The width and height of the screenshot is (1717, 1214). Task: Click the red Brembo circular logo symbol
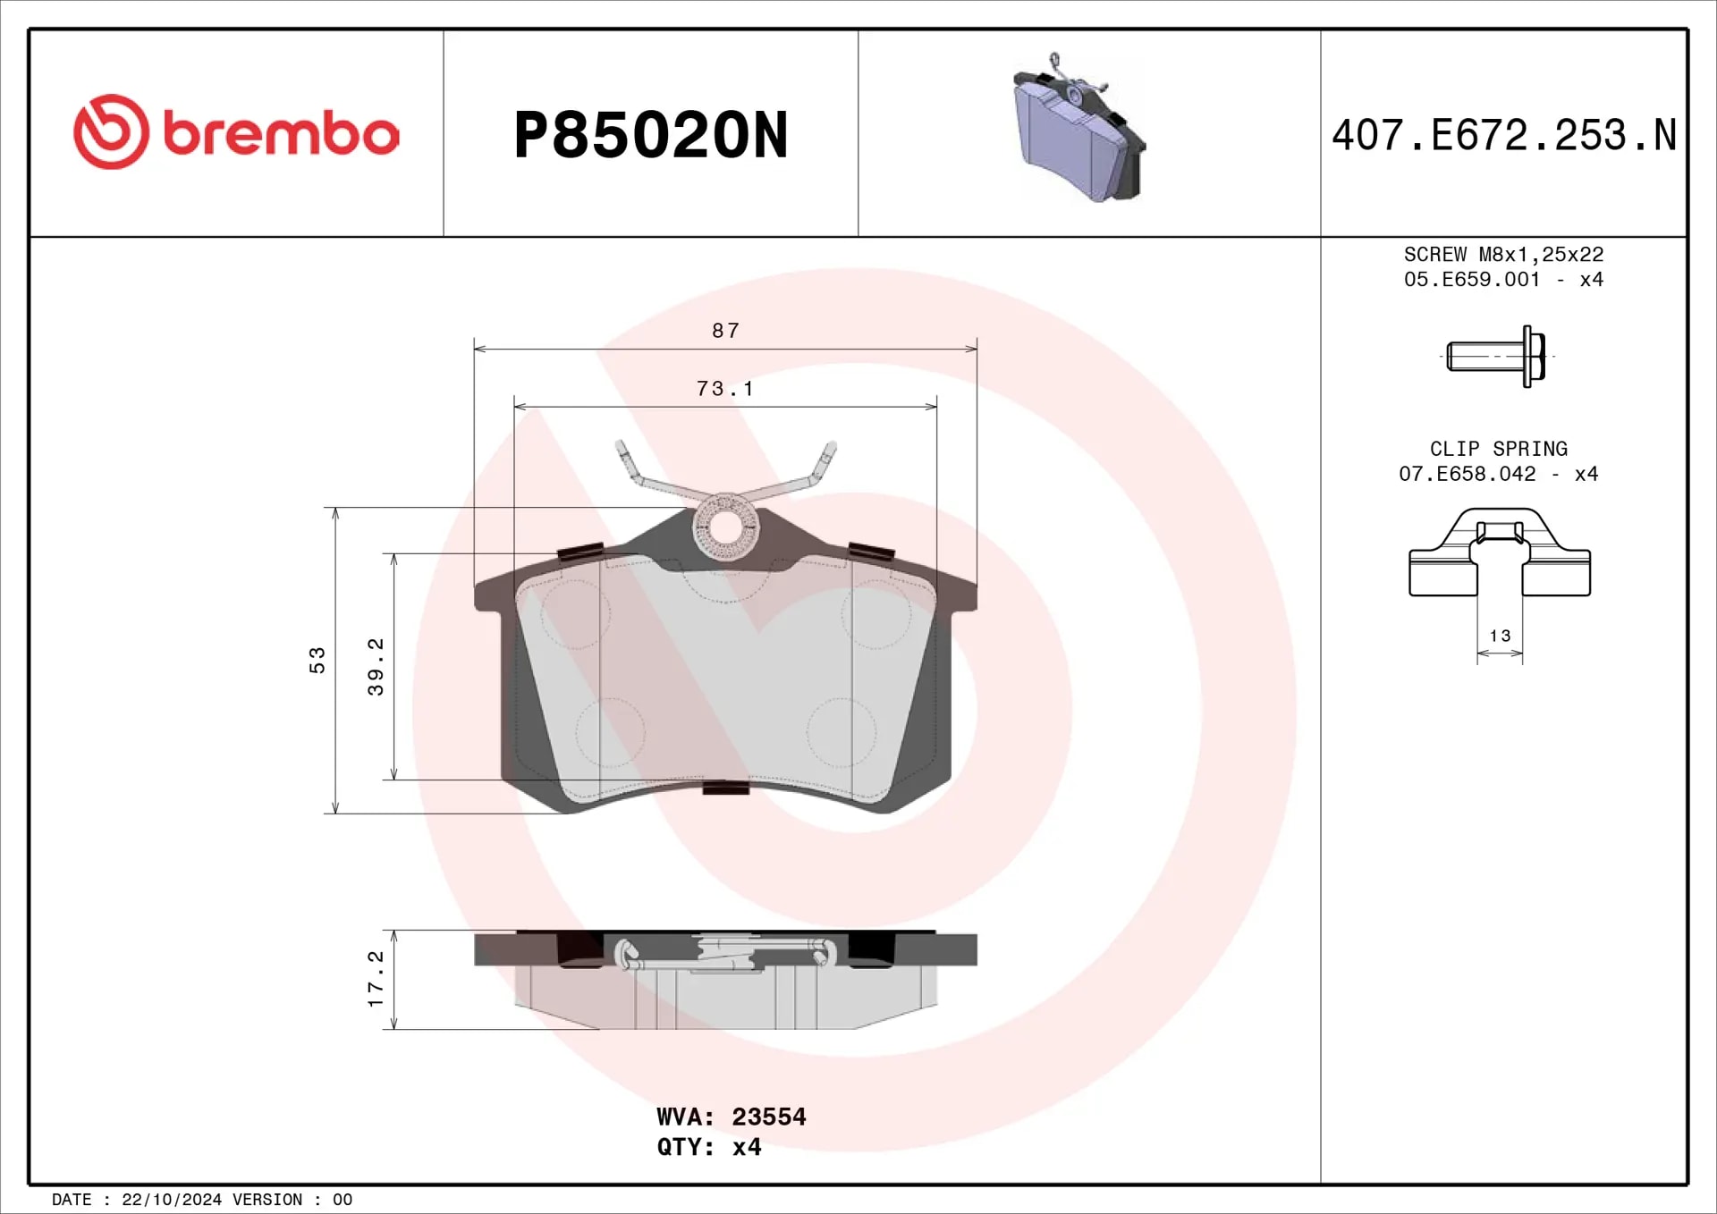click(111, 132)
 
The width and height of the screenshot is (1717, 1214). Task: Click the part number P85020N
click(651, 136)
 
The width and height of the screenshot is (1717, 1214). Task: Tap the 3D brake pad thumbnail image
click(1079, 127)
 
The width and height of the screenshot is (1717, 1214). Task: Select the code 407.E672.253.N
click(1504, 136)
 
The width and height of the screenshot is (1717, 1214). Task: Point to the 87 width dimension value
click(726, 331)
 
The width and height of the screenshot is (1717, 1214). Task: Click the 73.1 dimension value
click(725, 389)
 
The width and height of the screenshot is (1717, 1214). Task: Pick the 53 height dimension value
click(317, 661)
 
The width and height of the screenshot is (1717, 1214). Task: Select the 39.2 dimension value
click(376, 667)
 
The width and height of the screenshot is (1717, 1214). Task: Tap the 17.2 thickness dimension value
click(376, 979)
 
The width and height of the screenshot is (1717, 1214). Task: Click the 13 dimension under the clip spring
click(1500, 636)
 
